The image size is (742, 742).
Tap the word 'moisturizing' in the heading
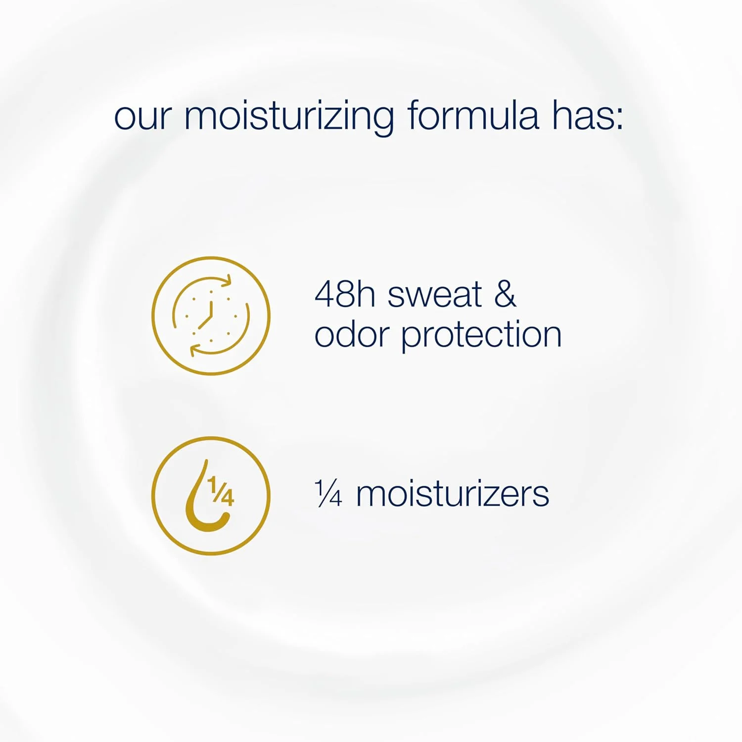pyautogui.click(x=289, y=118)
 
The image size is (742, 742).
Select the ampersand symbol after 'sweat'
pyautogui.click(x=505, y=294)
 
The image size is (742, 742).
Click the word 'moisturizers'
pyautogui.click(x=452, y=494)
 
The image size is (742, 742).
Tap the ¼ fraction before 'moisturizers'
pyautogui.click(x=328, y=494)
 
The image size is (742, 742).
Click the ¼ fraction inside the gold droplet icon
pyautogui.click(x=221, y=491)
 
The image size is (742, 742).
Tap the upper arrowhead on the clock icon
pyautogui.click(x=226, y=280)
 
